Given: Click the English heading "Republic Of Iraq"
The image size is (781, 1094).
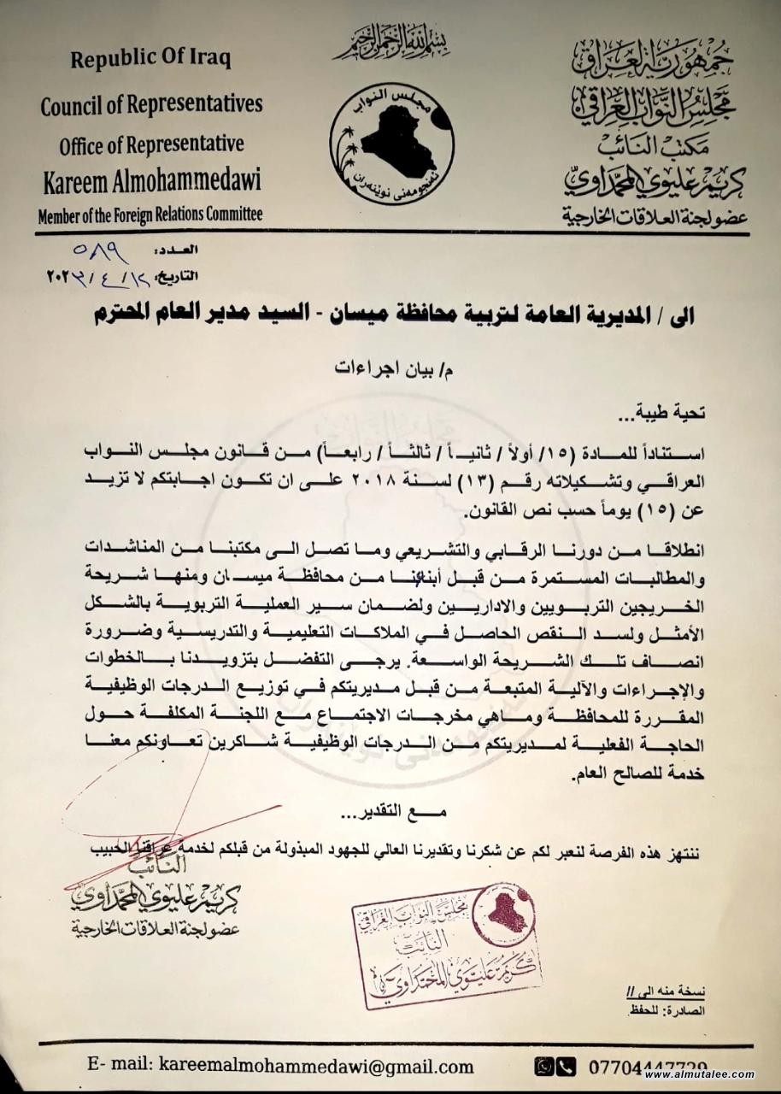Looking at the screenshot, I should (150, 60).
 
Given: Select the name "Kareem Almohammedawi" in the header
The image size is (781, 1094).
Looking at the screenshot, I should (151, 181).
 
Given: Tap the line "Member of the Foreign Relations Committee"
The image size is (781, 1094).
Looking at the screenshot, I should (150, 215).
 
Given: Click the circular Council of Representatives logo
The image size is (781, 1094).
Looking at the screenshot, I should (391, 143).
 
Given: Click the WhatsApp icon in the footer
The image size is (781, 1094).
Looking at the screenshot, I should (543, 1066).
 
